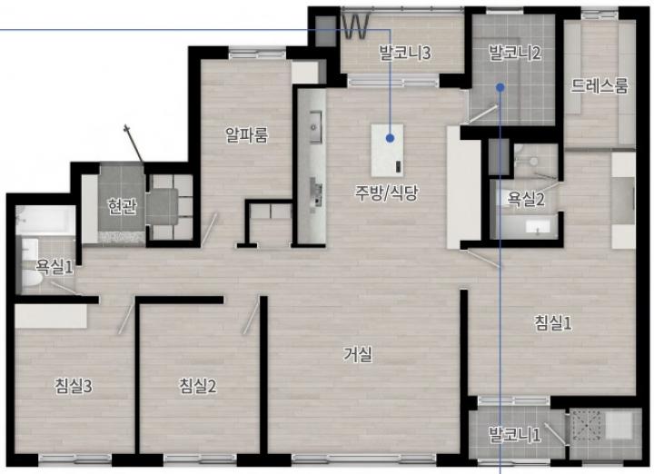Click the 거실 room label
pyautogui.click(x=358, y=354)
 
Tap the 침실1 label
pyautogui.click(x=553, y=322)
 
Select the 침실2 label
pyautogui.click(x=198, y=386)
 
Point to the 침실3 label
pyautogui.click(x=74, y=386)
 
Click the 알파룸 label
pyautogui.click(x=246, y=134)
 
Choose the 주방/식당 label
pyautogui.click(x=386, y=193)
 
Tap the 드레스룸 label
pyautogui.click(x=599, y=85)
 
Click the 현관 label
pyautogui.click(x=122, y=206)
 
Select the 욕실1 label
pyautogui.click(x=54, y=266)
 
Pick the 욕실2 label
pyautogui.click(x=526, y=199)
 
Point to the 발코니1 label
pyautogui.click(x=516, y=434)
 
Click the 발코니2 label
pyautogui.click(x=515, y=53)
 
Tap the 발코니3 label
pyautogui.click(x=404, y=53)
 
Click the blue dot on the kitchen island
pyautogui.click(x=390, y=138)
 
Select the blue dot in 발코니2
pyautogui.click(x=500, y=87)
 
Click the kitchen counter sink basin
pyautogui.click(x=316, y=126)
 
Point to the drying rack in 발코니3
pyautogui.click(x=355, y=26)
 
